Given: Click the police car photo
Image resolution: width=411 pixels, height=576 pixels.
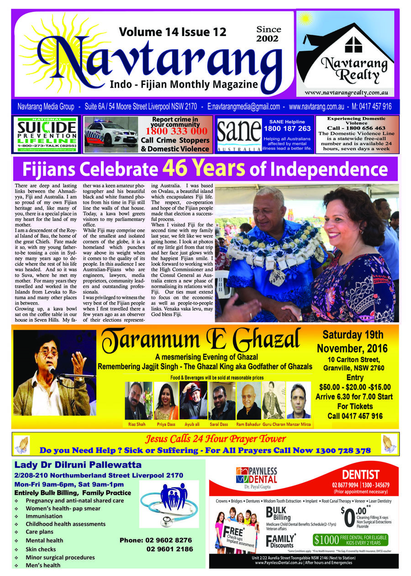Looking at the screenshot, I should coord(111,134).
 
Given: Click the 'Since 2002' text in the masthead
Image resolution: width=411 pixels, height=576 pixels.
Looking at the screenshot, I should coord(269,34).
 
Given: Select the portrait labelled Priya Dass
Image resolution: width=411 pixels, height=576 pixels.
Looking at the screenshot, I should coord(166,401).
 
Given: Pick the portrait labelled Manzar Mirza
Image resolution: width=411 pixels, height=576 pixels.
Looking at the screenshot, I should coord(299,401).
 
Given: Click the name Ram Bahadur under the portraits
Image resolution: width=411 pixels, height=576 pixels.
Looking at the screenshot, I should coord(248,424).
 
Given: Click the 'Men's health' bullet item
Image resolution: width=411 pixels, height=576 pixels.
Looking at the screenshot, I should coord(43,565).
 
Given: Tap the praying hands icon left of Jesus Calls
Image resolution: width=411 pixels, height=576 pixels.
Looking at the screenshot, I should coord(21,443).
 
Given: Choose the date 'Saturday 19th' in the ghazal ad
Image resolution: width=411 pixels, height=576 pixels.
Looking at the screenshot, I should coord(353,336).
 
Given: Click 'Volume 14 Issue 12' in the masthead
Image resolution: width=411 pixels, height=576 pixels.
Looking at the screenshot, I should coord(173,32).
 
